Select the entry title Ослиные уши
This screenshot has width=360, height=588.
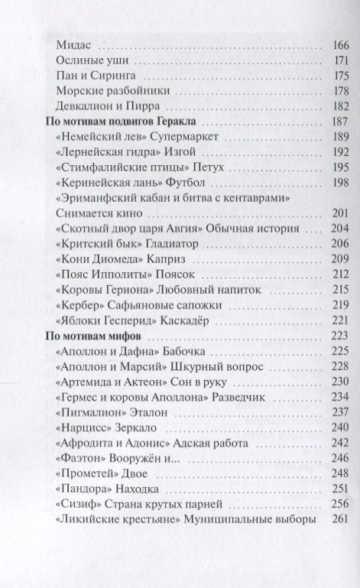click(90, 60)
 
